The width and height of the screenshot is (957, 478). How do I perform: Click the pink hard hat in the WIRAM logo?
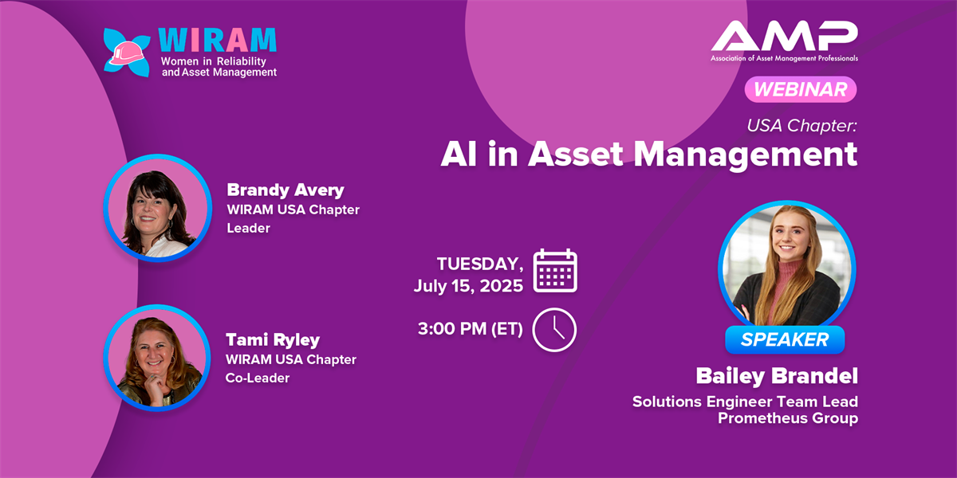pos(128,53)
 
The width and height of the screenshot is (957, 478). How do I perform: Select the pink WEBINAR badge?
pos(800,89)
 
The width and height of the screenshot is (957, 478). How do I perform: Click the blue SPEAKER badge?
pos(785,339)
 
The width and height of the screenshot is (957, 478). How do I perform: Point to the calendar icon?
pos(555,271)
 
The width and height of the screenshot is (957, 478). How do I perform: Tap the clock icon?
pos(554,330)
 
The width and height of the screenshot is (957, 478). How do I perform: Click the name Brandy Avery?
pos(286,190)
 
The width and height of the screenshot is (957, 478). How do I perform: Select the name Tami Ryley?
pos(273,339)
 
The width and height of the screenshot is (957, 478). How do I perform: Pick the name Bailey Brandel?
pos(777,376)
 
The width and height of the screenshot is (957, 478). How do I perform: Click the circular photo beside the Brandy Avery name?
pos(158,208)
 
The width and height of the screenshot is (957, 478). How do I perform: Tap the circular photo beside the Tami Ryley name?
pos(157,358)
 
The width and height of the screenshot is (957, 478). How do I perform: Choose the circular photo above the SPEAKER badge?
pos(787,268)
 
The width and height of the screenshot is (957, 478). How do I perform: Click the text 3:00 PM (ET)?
pos(471,328)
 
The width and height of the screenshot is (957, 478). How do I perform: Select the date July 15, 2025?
pos(468,285)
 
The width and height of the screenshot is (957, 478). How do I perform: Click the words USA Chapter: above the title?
pos(802,126)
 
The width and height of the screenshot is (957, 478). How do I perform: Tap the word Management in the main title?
pos(745,155)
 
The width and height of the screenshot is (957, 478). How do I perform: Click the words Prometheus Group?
pos(788,417)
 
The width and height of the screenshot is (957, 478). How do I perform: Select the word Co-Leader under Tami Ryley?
pos(257,378)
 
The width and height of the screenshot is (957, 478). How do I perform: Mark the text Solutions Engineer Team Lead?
pos(745,402)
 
